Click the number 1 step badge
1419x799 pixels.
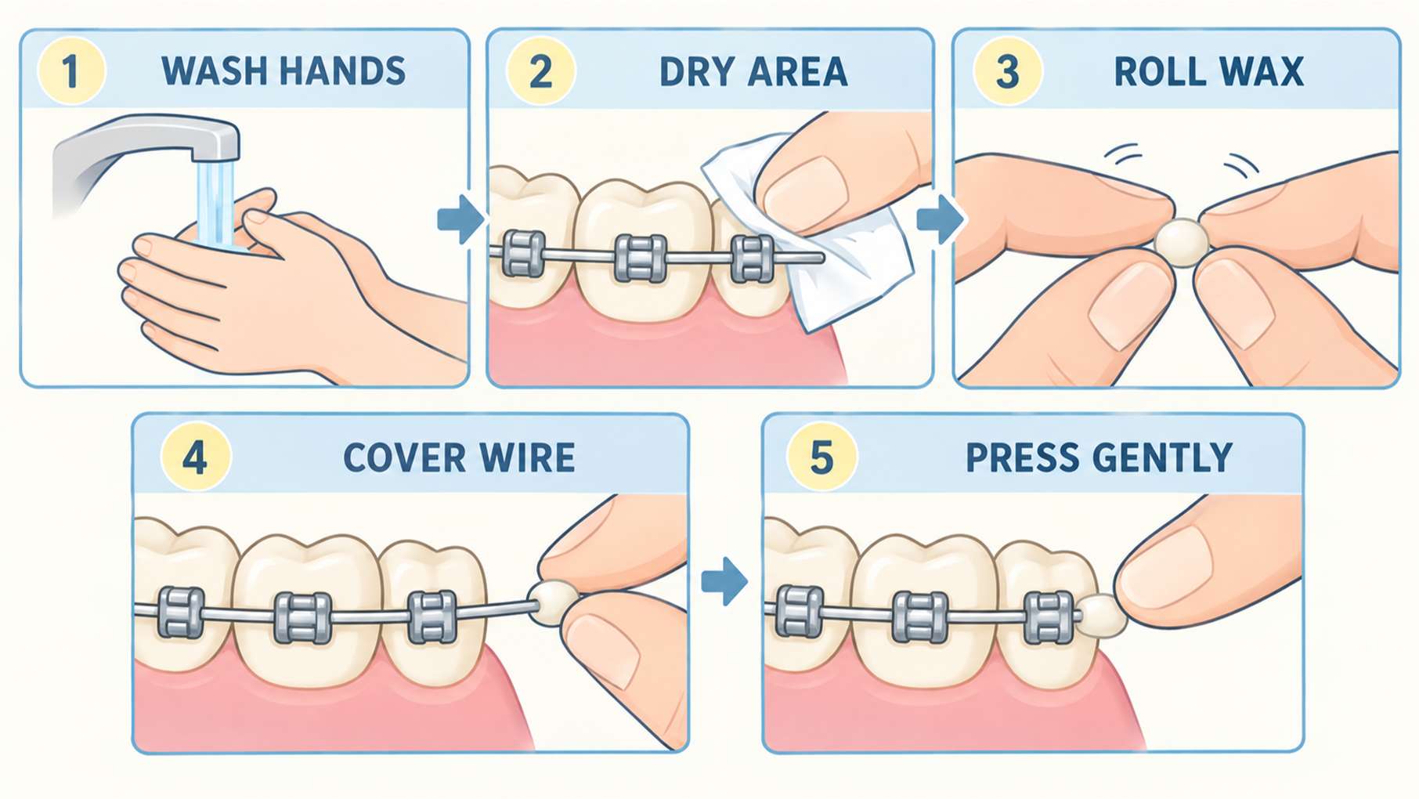pos(71,70)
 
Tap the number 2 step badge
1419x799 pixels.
pos(541,70)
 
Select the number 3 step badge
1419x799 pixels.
pos(1007,70)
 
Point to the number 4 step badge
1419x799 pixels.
pos(195,457)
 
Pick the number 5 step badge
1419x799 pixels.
pos(821,457)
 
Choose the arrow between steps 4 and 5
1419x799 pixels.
pos(724,581)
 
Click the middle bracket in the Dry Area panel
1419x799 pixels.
pos(641,257)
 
